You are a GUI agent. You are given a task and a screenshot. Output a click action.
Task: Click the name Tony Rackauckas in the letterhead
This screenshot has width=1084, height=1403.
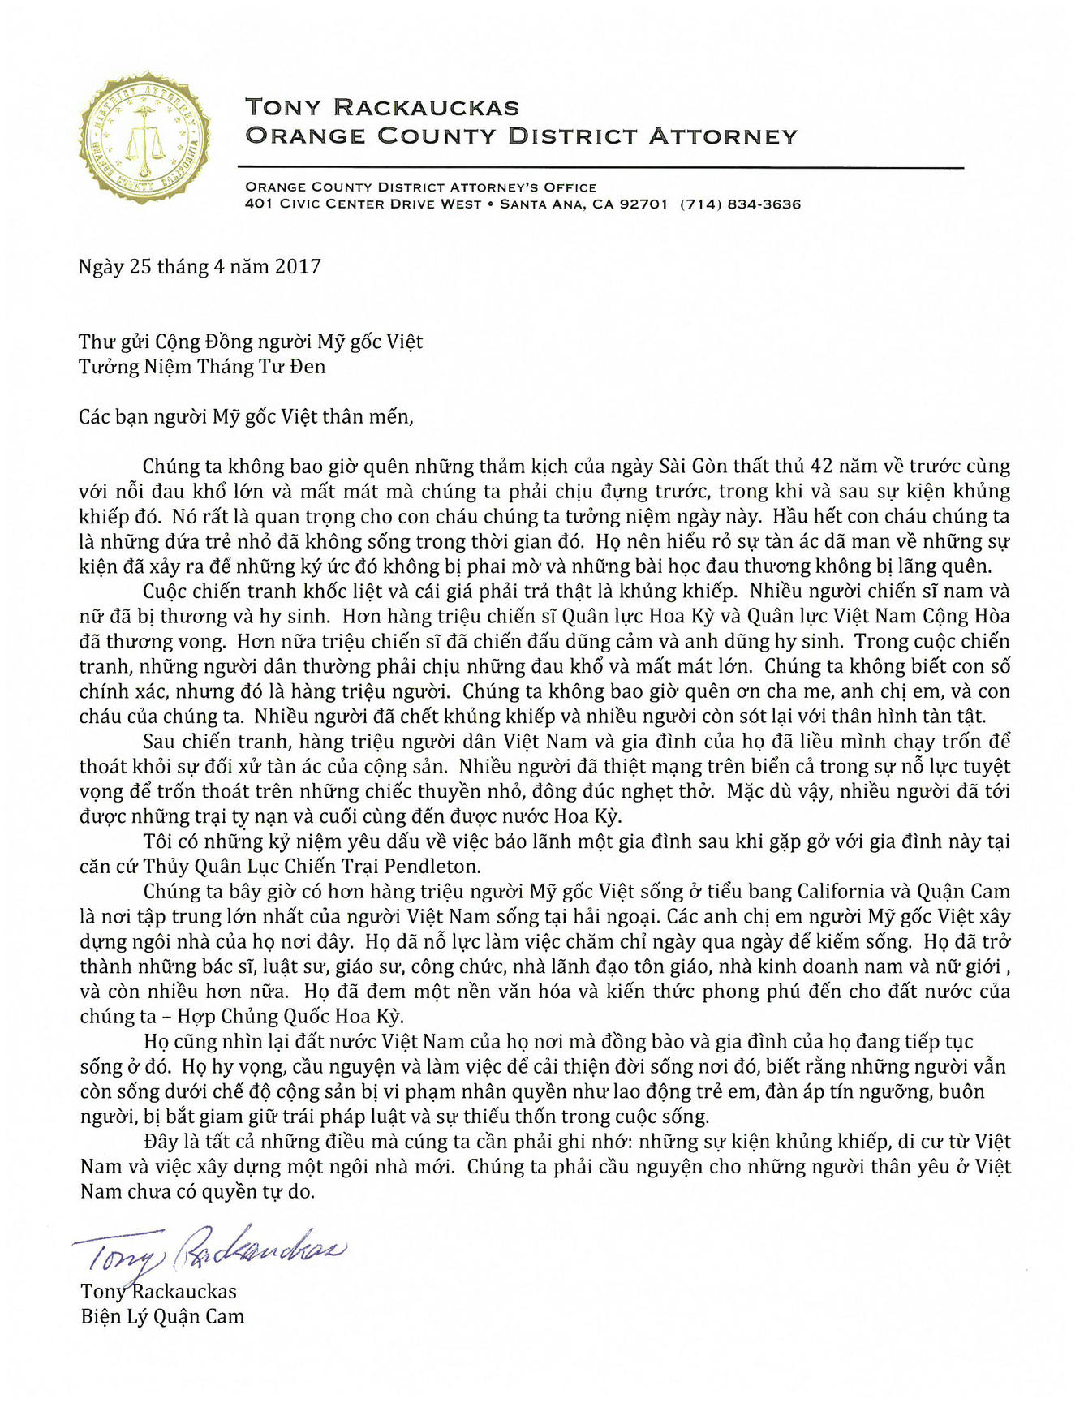click(382, 107)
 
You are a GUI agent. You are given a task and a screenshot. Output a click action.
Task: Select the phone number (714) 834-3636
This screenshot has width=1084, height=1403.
click(740, 204)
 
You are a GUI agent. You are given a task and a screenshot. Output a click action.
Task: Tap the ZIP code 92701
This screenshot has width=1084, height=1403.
click(643, 204)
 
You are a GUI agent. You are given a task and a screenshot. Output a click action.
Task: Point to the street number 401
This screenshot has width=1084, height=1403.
click(258, 204)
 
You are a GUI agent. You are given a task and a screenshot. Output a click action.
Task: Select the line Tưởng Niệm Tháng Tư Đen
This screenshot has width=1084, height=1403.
click(202, 367)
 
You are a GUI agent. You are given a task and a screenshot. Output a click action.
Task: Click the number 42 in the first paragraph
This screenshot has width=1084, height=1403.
click(825, 467)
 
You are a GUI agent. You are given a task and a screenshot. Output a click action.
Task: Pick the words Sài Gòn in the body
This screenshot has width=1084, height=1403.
click(693, 467)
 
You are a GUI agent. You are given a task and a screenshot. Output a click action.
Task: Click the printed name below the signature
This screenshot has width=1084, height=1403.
click(159, 1292)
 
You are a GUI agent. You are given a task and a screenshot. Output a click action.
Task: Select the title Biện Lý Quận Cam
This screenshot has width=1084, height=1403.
click(162, 1317)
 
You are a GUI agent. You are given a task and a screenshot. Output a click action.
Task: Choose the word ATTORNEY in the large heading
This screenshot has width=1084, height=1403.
click(723, 136)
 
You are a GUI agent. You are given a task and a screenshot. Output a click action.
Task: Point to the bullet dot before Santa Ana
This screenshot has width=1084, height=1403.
click(491, 204)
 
